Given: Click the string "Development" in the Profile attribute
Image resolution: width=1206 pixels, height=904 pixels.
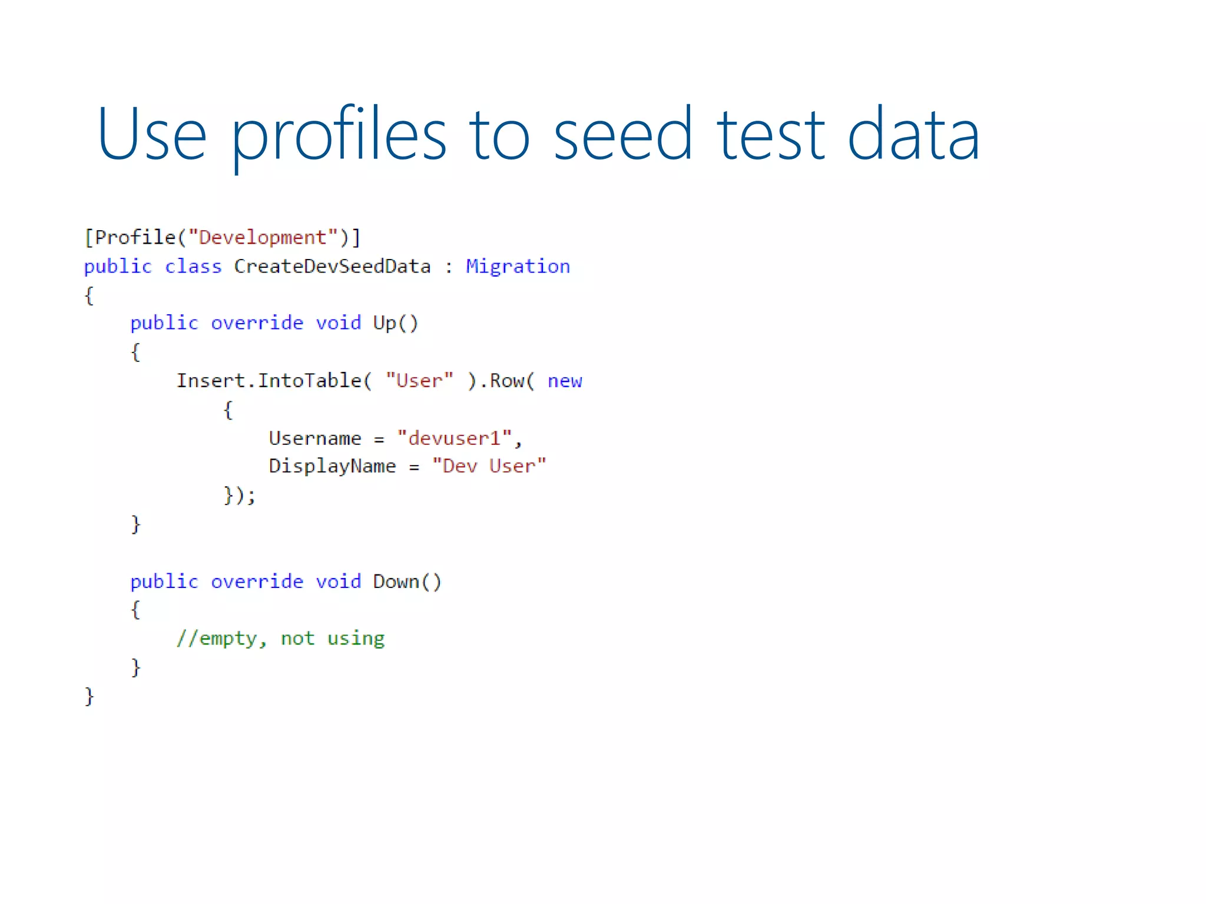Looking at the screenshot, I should click(x=263, y=238).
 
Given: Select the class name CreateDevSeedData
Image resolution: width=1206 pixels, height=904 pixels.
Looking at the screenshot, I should click(x=332, y=267).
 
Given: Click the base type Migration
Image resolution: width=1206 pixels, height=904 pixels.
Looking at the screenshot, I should click(x=518, y=267).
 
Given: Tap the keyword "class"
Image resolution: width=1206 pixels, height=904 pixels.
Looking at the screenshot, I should click(x=193, y=267).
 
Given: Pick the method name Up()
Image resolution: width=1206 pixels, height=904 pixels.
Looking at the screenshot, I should click(x=395, y=323).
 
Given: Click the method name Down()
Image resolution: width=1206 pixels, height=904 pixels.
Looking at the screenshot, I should click(x=407, y=581).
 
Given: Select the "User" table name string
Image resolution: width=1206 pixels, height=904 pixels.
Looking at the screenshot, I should click(x=419, y=381).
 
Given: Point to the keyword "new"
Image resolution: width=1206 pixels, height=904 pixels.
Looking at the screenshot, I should click(x=565, y=381).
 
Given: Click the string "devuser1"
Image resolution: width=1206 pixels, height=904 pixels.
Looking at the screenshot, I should click(x=454, y=438).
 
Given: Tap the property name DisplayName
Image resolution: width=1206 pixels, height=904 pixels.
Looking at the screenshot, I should click(x=332, y=466).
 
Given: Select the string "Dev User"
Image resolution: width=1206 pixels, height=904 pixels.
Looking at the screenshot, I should click(x=489, y=466).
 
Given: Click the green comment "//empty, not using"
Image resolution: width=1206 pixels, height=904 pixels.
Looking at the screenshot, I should click(x=280, y=639).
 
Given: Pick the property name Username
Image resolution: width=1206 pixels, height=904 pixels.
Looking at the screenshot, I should click(x=315, y=438).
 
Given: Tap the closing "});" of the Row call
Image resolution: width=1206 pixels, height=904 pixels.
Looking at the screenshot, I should click(x=239, y=495).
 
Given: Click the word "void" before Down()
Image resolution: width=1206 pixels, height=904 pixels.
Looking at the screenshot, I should click(x=338, y=581).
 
